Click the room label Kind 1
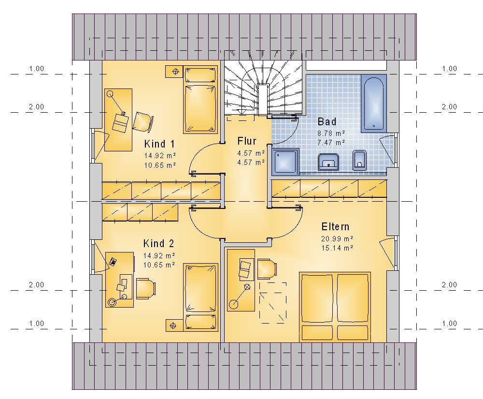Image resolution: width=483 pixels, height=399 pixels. click(x=159, y=144)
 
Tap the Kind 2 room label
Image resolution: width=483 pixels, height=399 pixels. click(x=158, y=244)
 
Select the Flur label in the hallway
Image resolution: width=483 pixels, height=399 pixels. click(x=247, y=141)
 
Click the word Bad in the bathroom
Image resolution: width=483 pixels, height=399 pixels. click(x=327, y=122)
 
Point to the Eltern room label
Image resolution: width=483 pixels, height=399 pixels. click(x=336, y=227)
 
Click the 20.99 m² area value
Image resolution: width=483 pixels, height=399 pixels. click(x=337, y=238)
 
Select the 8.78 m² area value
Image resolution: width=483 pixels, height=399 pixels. click(x=331, y=133)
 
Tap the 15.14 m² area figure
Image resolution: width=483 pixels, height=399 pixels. click(x=337, y=248)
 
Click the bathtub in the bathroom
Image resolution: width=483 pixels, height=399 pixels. click(x=374, y=103)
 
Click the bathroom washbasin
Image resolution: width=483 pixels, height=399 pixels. click(x=328, y=162)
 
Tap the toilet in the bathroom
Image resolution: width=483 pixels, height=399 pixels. click(x=359, y=160)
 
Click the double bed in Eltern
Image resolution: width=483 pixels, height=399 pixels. click(x=335, y=307)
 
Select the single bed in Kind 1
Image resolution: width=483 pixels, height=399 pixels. click(x=200, y=100)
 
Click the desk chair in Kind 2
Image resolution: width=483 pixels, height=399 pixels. click(x=145, y=289)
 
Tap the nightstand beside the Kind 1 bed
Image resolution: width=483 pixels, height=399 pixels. click(x=174, y=72)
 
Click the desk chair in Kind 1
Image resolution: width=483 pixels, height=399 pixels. click(x=143, y=122)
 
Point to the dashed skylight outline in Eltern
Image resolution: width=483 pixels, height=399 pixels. click(x=273, y=303)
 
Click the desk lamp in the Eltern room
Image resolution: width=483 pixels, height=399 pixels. click(x=240, y=296)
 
